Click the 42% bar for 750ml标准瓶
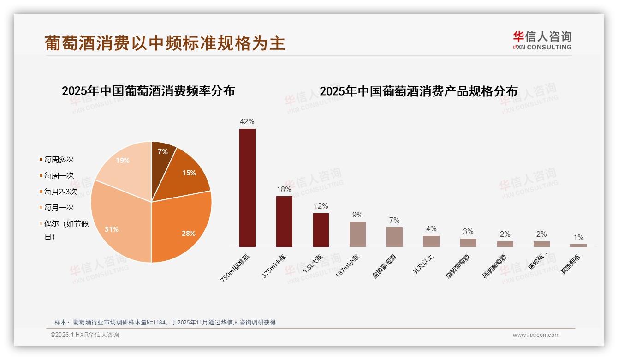pyautogui.click(x=247, y=187)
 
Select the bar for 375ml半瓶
pyautogui.click(x=284, y=222)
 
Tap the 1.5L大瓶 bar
pyautogui.click(x=321, y=230)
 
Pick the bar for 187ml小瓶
pyautogui.click(x=357, y=234)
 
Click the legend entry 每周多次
pyautogui.click(x=59, y=159)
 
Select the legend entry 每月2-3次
pyautogui.click(x=60, y=192)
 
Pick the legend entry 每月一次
pyautogui.click(x=59, y=208)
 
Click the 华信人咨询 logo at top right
pyautogui.click(x=542, y=40)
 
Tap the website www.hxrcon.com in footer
pyautogui.click(x=536, y=335)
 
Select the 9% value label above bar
pyautogui.click(x=357, y=215)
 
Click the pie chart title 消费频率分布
pyautogui.click(x=148, y=91)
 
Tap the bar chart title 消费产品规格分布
pyautogui.click(x=418, y=91)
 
